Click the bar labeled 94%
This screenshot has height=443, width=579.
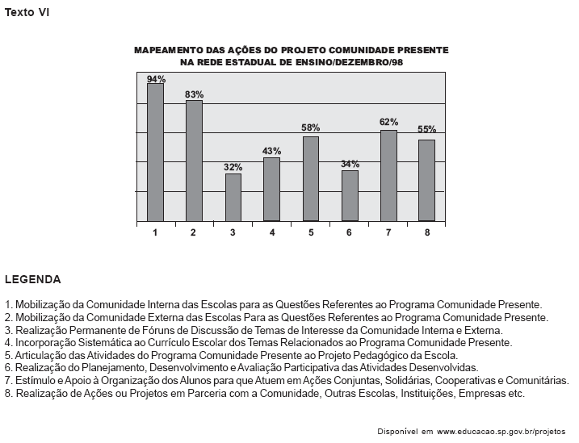point(155,152)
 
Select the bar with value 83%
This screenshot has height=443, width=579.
point(194,160)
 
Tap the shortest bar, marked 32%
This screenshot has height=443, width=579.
point(233,197)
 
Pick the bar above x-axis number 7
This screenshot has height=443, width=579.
point(388,175)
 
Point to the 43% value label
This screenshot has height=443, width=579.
point(271,151)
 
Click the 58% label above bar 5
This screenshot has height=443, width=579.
point(311,128)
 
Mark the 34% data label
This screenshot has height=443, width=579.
point(350,164)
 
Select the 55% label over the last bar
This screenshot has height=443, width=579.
point(427,129)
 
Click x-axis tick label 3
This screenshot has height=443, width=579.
point(233,232)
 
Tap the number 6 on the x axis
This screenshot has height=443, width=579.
point(350,232)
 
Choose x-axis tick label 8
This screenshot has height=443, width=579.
point(427,232)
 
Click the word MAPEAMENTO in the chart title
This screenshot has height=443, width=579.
point(168,50)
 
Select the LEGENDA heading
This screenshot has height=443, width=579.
point(32,280)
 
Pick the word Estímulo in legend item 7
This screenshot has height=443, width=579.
point(34,380)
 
